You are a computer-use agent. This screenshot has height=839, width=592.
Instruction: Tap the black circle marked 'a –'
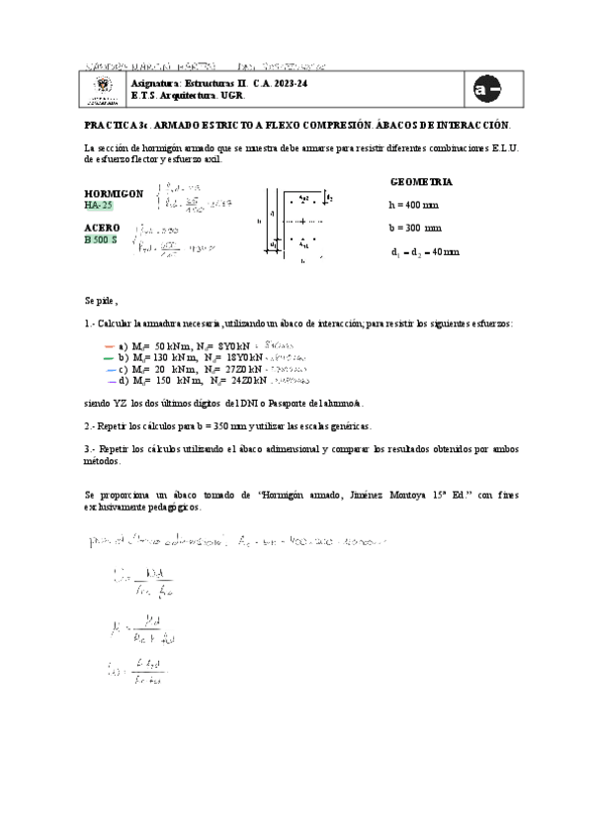(487, 90)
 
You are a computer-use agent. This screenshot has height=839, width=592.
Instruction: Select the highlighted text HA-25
(100, 205)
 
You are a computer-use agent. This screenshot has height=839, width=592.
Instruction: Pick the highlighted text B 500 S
(102, 239)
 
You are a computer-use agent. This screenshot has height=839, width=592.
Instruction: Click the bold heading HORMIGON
(114, 193)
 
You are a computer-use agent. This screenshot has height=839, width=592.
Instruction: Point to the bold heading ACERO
(102, 228)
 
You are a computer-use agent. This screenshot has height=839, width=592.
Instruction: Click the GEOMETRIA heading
(422, 183)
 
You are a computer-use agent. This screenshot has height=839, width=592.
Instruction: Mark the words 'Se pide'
(100, 300)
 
